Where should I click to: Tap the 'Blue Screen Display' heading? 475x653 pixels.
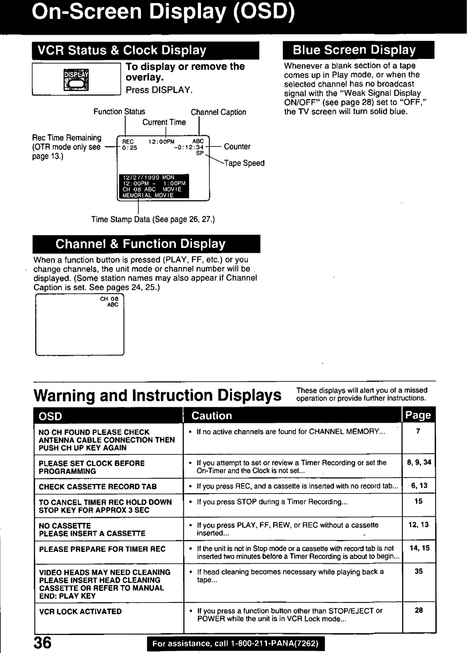tap(354, 50)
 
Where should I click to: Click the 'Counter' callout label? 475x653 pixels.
tap(237, 146)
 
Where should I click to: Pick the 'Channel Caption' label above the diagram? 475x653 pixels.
tap(218, 112)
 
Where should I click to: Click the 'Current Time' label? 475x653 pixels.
tap(164, 122)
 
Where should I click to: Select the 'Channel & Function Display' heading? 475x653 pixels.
tap(140, 243)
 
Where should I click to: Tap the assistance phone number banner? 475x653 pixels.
tap(238, 645)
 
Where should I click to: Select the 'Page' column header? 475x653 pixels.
tap(418, 415)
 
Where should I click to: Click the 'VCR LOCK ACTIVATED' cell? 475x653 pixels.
tap(80, 611)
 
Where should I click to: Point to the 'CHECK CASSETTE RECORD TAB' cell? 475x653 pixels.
tap(98, 486)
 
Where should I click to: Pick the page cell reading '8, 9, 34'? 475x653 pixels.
tap(419, 462)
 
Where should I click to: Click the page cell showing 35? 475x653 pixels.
tap(418, 571)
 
